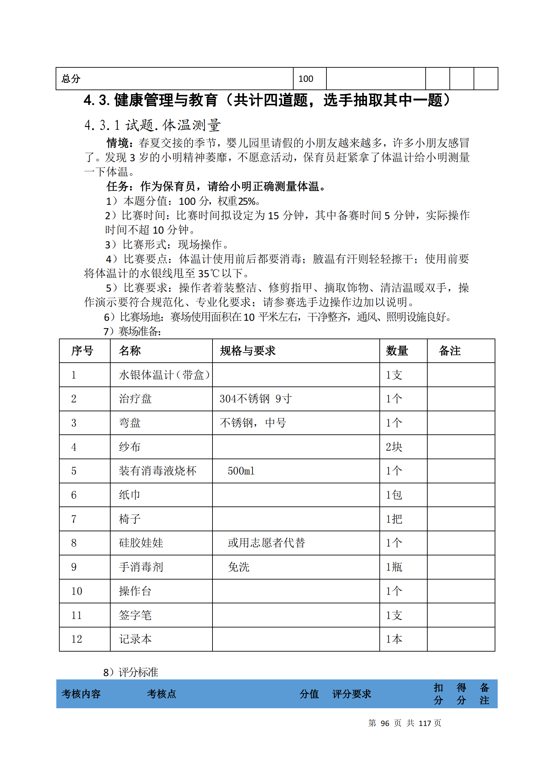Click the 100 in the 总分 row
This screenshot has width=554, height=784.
click(306, 79)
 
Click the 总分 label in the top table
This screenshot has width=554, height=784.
click(71, 79)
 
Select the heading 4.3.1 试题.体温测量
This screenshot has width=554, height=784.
click(152, 125)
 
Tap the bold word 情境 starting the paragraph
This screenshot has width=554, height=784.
click(117, 143)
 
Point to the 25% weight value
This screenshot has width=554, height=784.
click(247, 201)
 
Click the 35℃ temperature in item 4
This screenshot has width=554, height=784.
click(208, 274)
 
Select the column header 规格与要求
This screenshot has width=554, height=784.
click(247, 351)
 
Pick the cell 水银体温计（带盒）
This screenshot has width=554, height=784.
click(164, 375)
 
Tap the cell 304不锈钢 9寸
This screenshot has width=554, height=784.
click(255, 399)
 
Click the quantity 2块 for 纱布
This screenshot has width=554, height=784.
click(394, 447)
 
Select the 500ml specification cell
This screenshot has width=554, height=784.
click(241, 471)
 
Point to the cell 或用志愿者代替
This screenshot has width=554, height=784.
click(266, 543)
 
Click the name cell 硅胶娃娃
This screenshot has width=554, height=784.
click(141, 543)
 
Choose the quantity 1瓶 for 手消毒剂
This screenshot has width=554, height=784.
click(394, 567)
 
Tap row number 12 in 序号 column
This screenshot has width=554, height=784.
click(76, 639)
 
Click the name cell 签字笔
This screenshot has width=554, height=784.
click(135, 615)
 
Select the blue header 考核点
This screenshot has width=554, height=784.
click(162, 694)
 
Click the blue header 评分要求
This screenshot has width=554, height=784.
click(352, 694)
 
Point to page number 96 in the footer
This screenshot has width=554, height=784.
click(385, 723)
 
